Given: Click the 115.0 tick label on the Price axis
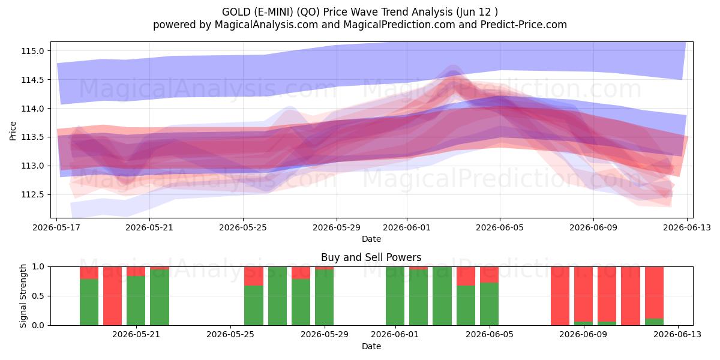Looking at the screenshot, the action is (x=32, y=51).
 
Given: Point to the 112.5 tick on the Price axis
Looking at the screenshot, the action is (x=32, y=195).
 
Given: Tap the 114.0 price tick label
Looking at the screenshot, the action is (x=32, y=109).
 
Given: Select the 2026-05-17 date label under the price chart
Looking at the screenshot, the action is (x=56, y=227).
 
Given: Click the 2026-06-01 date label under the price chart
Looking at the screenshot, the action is (x=407, y=227).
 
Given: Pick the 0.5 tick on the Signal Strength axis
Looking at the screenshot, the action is (x=38, y=296).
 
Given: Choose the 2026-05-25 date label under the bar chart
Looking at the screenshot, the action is (x=230, y=335).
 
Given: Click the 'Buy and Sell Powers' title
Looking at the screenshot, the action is (x=371, y=257).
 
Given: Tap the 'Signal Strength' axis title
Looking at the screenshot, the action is (x=23, y=296).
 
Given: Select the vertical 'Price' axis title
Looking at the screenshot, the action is (x=13, y=131).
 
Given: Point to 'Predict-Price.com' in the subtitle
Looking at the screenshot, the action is (x=524, y=25).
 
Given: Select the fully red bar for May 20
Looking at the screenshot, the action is (x=113, y=296).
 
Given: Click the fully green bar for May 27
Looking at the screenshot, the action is (x=277, y=296).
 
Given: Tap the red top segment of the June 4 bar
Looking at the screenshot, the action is (x=466, y=276).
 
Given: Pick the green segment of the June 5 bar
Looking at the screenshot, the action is (x=489, y=304).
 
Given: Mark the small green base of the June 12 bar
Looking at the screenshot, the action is (x=654, y=322).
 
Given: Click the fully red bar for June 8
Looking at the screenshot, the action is (x=560, y=296).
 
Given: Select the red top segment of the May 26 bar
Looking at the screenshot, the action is (x=254, y=276).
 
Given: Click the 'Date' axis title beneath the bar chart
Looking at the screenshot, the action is (x=371, y=346).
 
